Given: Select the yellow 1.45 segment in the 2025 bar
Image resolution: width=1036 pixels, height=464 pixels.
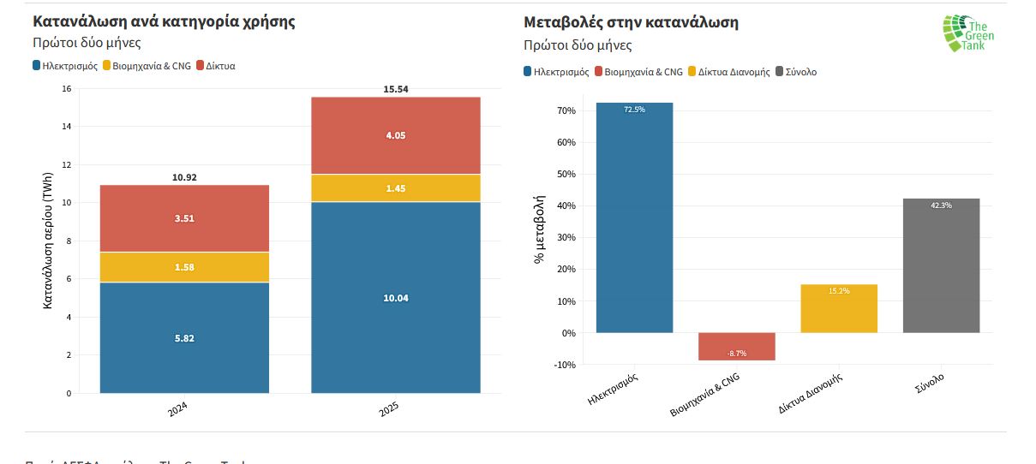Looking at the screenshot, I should [395, 187].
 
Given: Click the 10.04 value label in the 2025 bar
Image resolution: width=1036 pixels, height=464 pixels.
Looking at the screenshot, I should [395, 298].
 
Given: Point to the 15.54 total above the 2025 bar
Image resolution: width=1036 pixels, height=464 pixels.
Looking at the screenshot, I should [395, 89].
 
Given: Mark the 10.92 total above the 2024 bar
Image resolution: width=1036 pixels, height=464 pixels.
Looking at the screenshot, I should [184, 177].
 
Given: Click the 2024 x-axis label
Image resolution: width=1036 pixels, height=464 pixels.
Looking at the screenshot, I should [178, 409].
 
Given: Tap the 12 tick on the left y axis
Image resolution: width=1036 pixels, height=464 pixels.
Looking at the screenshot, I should [67, 164].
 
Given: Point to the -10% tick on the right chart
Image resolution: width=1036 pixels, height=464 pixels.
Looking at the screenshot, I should [565, 365].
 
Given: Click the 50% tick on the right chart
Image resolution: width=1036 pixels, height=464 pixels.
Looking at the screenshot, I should [566, 175].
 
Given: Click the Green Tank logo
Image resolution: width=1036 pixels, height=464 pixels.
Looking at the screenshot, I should [968, 33].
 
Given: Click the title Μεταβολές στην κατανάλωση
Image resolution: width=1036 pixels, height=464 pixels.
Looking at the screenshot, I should [631, 22].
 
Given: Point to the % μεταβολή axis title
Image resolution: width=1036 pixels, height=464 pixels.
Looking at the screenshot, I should [540, 229].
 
